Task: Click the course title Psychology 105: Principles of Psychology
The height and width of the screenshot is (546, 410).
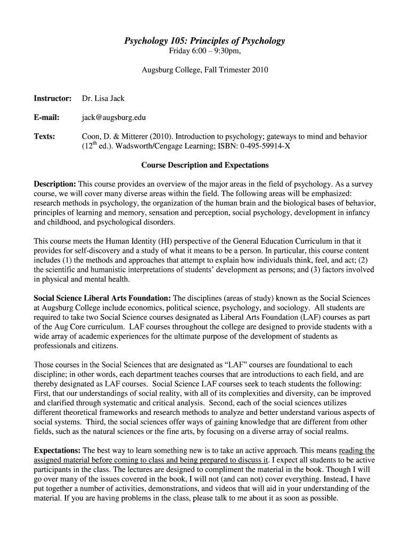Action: click(x=205, y=41)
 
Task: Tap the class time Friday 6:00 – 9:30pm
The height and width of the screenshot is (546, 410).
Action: click(x=205, y=51)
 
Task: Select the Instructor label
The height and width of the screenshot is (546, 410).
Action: click(x=53, y=99)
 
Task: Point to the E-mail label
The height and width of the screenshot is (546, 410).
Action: click(x=47, y=118)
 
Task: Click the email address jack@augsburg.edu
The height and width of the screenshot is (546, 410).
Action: click(x=113, y=118)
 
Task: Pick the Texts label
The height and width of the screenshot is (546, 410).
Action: click(x=45, y=136)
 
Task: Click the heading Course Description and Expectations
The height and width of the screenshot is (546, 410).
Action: click(x=205, y=165)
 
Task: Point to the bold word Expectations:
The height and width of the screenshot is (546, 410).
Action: click(x=58, y=449)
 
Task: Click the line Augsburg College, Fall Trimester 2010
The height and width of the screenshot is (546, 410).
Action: click(x=205, y=70)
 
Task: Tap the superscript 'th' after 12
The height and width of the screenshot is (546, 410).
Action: click(x=94, y=143)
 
